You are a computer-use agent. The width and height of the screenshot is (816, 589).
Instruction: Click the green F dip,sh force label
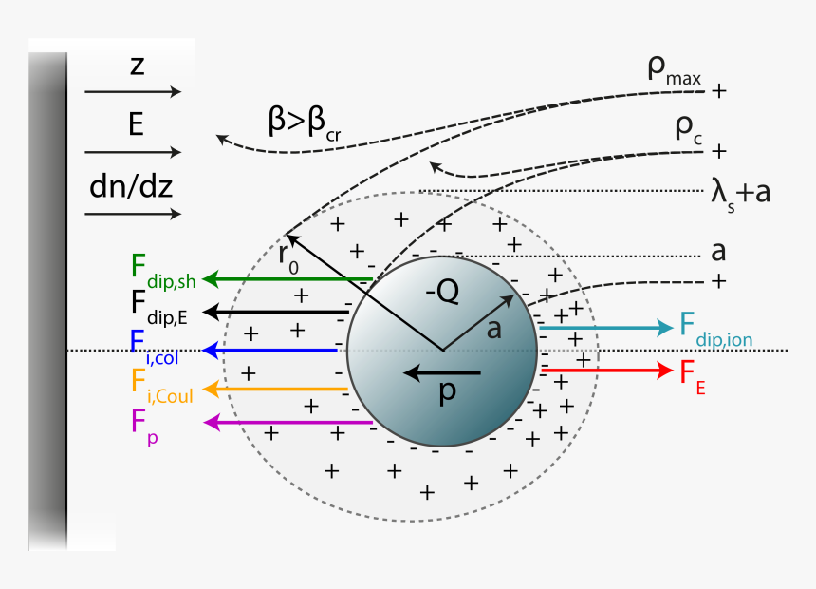click(x=162, y=269)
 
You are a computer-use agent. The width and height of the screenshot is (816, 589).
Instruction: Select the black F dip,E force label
click(x=159, y=305)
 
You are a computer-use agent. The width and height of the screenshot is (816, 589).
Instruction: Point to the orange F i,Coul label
click(x=161, y=385)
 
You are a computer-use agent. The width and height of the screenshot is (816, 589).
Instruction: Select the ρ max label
click(x=674, y=73)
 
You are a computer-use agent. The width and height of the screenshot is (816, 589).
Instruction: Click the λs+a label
click(x=739, y=192)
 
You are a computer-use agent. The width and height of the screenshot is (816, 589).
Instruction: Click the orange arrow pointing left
click(x=276, y=389)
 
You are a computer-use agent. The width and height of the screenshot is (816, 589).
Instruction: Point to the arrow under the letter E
click(x=132, y=152)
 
